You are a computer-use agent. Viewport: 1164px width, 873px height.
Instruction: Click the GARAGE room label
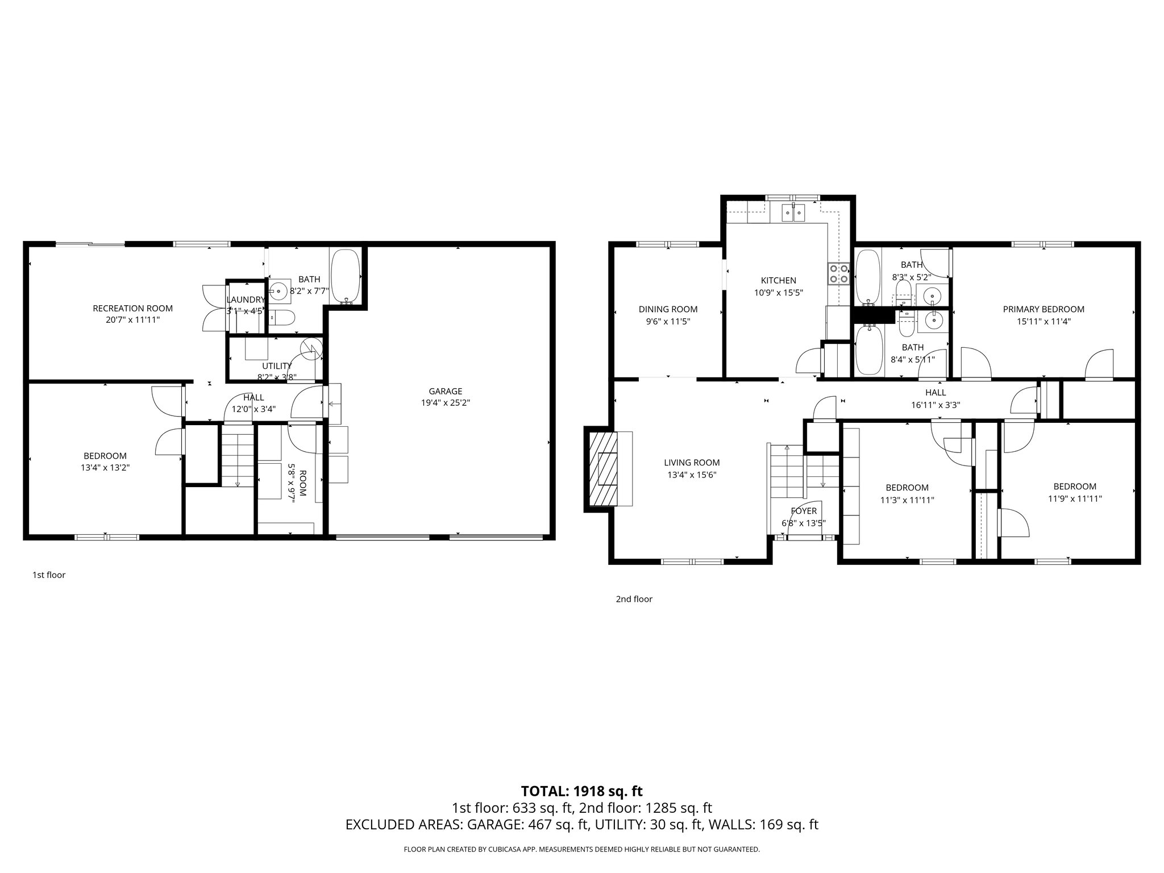pos(445,391)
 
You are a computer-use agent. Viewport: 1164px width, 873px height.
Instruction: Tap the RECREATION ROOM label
pos(132,308)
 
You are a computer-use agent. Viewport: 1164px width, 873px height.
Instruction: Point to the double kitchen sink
pos(793,213)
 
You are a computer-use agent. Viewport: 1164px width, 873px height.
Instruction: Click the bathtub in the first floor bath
pos(346,277)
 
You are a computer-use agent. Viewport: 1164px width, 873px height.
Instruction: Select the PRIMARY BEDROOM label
pos(1043,309)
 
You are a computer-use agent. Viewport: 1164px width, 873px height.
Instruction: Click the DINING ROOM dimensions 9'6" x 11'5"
pos(668,321)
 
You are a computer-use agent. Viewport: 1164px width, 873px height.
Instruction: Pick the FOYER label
pos(803,511)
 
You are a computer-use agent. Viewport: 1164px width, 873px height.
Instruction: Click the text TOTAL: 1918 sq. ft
pos(581,791)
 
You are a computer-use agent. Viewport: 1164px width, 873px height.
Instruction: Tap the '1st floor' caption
pos(49,575)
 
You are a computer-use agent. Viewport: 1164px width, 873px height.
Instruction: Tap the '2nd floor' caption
pos(634,598)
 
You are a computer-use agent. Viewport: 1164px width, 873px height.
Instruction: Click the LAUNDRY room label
pos(246,300)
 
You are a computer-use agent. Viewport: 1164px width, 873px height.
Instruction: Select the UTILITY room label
pos(276,365)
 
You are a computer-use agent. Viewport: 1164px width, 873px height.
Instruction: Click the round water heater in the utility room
pos(310,350)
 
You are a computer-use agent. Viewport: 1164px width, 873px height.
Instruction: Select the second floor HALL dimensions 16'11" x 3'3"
pos(935,405)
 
